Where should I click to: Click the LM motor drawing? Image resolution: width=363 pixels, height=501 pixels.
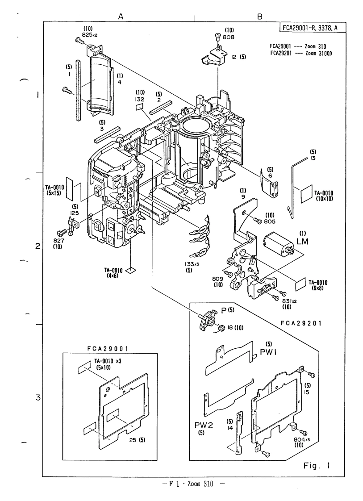pyautogui.click(x=277, y=244)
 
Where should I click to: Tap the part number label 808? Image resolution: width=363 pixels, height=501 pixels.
pyautogui.click(x=229, y=37)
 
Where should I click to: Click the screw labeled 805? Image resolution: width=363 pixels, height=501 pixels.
pyautogui.click(x=257, y=220)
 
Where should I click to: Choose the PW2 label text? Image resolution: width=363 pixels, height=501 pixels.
pyautogui.click(x=204, y=425)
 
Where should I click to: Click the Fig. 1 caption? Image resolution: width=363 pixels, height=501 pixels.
pyautogui.click(x=317, y=466)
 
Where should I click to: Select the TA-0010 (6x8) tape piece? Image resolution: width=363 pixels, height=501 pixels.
pyautogui.click(x=300, y=285)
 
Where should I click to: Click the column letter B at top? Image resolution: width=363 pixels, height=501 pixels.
pyautogui.click(x=259, y=17)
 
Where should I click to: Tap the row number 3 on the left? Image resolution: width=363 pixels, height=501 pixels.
pyautogui.click(x=38, y=398)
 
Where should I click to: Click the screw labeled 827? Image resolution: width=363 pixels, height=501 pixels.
pyautogui.click(x=61, y=233)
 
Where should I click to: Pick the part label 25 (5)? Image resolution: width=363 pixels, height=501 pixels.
pyautogui.click(x=138, y=440)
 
